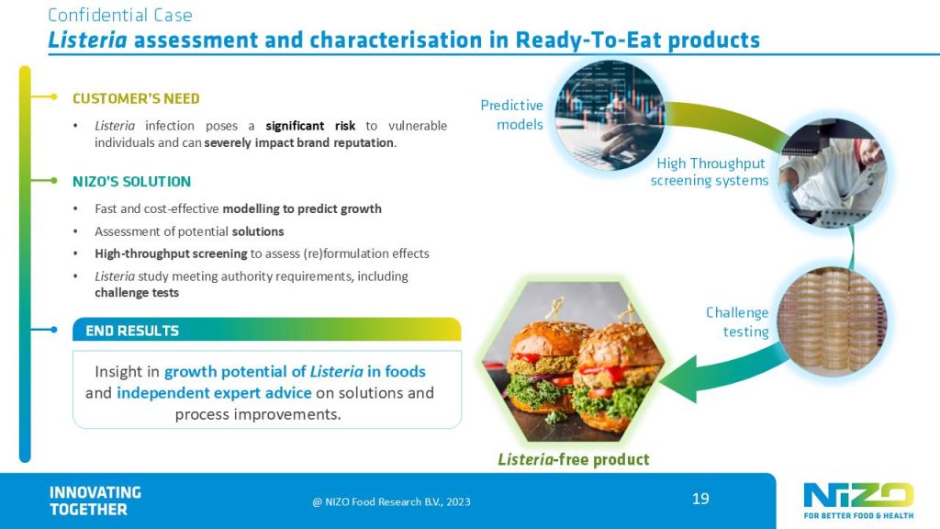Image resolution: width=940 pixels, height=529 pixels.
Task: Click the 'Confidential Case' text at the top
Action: coord(119,15)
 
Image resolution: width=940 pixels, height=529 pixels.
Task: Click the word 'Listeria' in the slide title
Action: coord(83,40)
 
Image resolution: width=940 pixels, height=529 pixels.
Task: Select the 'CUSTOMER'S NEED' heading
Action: coord(136,98)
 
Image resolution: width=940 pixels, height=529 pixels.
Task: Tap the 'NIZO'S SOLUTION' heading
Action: coord(131,181)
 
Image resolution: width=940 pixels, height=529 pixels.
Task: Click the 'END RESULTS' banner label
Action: coord(132,331)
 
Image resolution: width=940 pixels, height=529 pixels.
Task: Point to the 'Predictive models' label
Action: coord(512,115)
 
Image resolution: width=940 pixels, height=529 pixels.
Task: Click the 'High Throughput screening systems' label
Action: coord(710,172)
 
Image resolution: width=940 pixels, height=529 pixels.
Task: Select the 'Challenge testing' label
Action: coord(737,321)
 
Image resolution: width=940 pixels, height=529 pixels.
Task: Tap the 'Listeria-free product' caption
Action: coord(574,459)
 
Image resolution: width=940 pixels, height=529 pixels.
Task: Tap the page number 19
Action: coord(700,499)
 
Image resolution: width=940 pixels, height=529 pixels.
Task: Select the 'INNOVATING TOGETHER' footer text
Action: coord(95,501)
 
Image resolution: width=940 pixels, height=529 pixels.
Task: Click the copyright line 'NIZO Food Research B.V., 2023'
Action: coord(392,501)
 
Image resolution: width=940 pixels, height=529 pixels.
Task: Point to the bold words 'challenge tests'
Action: coord(137,293)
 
